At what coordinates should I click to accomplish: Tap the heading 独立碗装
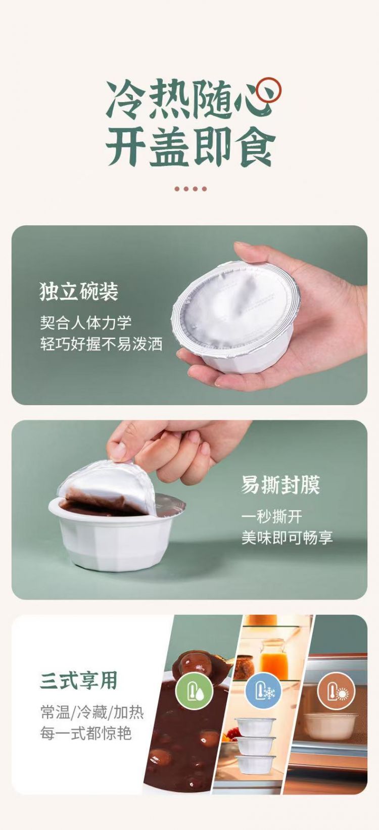click(79, 291)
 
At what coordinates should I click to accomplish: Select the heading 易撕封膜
click(280, 484)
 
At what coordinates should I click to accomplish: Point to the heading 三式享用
click(78, 680)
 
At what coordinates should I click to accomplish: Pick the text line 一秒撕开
click(271, 516)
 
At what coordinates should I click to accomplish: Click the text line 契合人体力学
click(85, 323)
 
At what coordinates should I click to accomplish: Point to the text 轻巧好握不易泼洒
click(101, 344)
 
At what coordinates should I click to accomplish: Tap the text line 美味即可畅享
click(287, 538)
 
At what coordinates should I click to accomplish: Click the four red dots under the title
click(191, 188)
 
